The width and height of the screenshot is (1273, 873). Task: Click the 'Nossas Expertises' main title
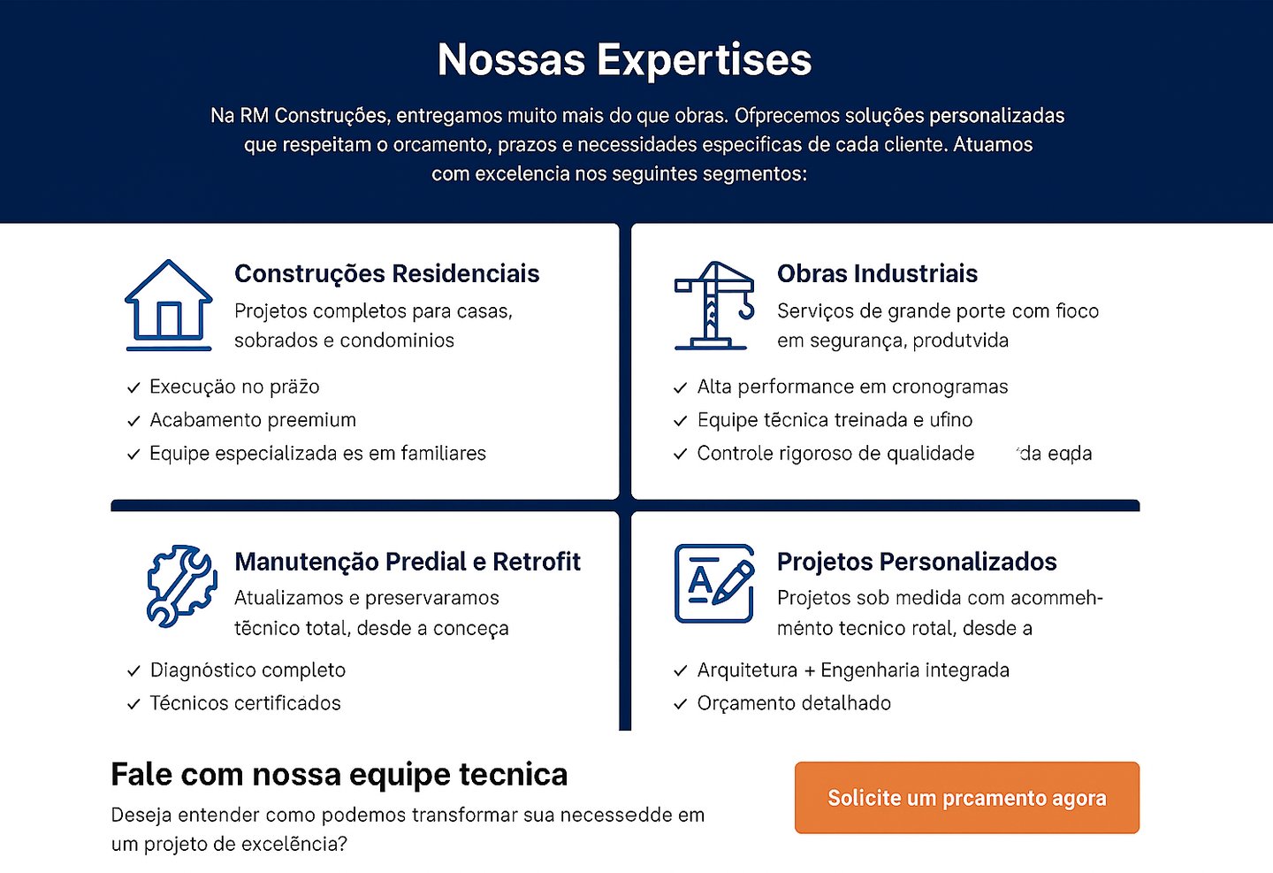tap(624, 60)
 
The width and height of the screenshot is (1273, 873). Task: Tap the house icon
tap(168, 304)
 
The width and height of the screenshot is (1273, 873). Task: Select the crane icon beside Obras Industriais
tap(714, 305)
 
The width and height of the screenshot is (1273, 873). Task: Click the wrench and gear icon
tap(181, 586)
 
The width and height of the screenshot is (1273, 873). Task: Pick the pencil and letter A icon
tap(714, 584)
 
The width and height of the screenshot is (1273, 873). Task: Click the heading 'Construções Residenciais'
tap(386, 274)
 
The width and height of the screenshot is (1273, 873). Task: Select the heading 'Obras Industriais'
tap(877, 274)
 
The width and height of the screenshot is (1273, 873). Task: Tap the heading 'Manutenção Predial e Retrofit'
tap(408, 562)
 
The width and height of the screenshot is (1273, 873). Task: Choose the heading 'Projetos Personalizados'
tap(917, 562)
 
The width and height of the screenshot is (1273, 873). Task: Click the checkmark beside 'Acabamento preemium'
tap(133, 421)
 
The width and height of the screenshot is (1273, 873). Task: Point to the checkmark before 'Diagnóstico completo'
tap(133, 671)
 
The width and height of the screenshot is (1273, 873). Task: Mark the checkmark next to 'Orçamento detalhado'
tap(681, 705)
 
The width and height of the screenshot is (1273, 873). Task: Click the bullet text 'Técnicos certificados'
tap(245, 703)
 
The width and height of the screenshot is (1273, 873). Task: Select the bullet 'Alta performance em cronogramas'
tap(852, 387)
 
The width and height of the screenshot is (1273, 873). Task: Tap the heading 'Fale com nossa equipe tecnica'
tap(339, 775)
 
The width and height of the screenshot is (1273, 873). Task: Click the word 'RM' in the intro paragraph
tap(254, 116)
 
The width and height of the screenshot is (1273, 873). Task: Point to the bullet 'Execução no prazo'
tap(234, 387)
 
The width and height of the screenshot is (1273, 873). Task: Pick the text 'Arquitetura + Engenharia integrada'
tap(853, 670)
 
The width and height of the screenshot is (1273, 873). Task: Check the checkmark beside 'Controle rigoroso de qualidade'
tap(681, 455)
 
